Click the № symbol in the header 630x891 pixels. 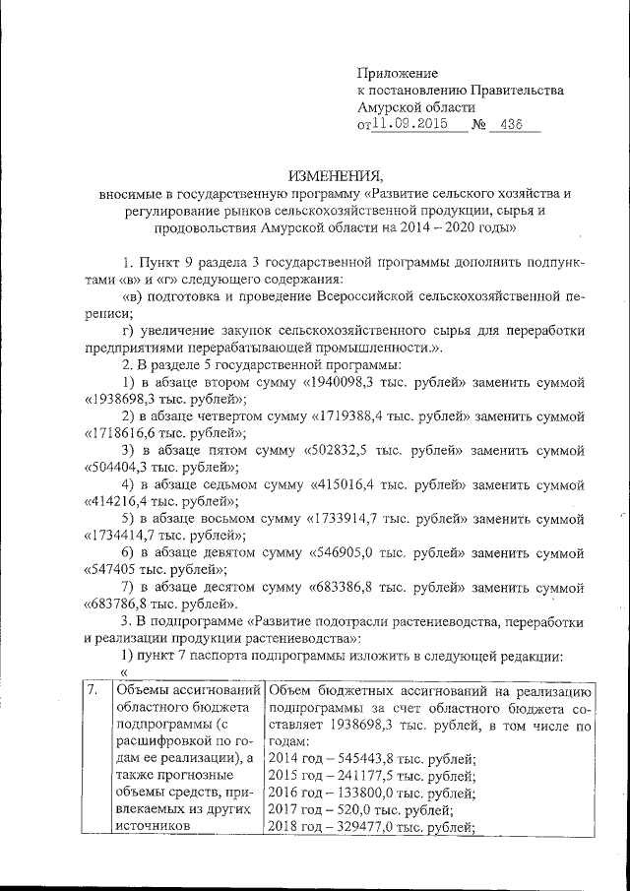(x=480, y=126)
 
